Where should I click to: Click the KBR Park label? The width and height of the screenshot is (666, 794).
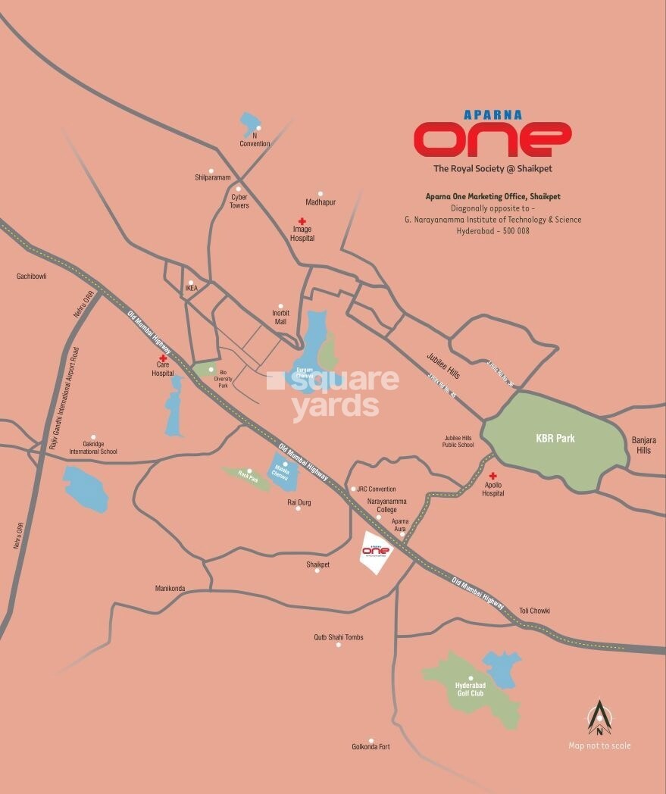click(x=555, y=438)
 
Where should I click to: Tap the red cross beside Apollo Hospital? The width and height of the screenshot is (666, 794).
click(x=492, y=476)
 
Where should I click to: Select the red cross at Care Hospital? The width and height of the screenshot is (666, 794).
click(x=162, y=358)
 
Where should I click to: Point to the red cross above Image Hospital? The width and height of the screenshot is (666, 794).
click(x=301, y=221)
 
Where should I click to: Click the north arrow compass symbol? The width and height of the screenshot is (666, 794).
click(x=599, y=717)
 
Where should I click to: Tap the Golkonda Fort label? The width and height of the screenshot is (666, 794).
click(x=371, y=747)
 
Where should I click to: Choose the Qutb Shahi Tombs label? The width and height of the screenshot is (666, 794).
click(x=339, y=637)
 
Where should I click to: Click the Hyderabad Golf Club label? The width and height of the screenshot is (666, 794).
click(x=470, y=689)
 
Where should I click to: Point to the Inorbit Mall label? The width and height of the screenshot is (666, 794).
click(x=280, y=317)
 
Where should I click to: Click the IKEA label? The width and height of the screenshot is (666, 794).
click(x=191, y=289)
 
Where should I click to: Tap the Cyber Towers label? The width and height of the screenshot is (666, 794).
click(x=239, y=201)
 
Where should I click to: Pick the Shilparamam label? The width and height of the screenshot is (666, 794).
click(x=212, y=177)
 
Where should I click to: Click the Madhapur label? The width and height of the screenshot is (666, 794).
click(x=320, y=202)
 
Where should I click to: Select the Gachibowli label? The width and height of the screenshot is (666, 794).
click(x=32, y=277)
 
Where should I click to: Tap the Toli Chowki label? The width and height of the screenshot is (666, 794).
click(x=534, y=611)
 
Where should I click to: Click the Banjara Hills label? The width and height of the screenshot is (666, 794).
click(x=643, y=445)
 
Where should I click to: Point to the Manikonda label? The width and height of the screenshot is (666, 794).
click(x=170, y=588)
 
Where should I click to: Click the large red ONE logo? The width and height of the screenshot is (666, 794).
click(x=492, y=139)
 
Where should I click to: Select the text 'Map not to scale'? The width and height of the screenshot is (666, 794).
click(x=599, y=746)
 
